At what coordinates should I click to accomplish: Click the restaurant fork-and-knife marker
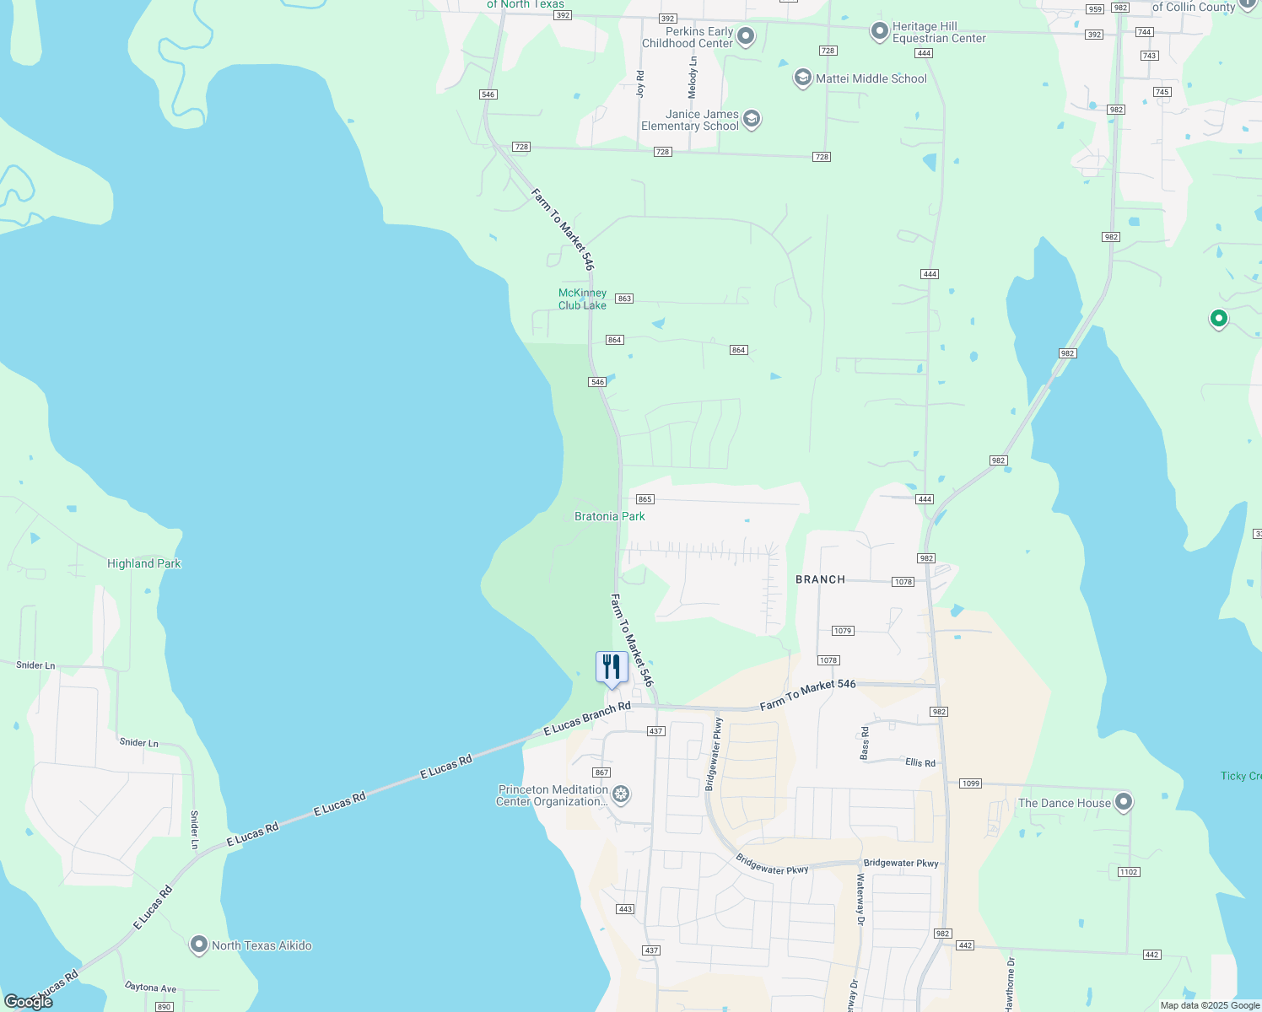tap(612, 667)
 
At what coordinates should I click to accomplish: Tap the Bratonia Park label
tap(609, 516)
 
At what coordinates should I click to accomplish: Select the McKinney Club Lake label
tap(582, 299)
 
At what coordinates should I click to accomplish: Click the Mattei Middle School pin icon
tap(802, 78)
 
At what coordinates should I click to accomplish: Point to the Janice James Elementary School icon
tap(752, 119)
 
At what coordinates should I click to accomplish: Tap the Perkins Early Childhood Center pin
tap(746, 36)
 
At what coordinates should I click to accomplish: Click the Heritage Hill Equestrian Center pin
tap(880, 32)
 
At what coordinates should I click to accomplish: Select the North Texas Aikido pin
tap(199, 945)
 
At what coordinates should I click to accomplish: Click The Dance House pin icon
tap(1124, 802)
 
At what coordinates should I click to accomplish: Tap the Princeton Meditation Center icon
tap(621, 794)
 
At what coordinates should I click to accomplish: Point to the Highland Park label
tap(144, 563)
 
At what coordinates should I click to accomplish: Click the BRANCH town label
tap(820, 579)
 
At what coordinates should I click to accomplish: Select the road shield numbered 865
tap(645, 499)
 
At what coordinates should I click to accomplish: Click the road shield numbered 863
tap(624, 299)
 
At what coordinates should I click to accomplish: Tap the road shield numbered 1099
tap(970, 783)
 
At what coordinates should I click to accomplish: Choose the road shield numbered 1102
tap(1129, 872)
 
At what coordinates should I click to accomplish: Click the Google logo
tap(28, 1002)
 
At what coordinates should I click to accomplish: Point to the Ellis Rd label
tap(920, 762)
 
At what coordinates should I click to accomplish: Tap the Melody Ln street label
tap(693, 78)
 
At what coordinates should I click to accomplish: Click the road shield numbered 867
tap(601, 772)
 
